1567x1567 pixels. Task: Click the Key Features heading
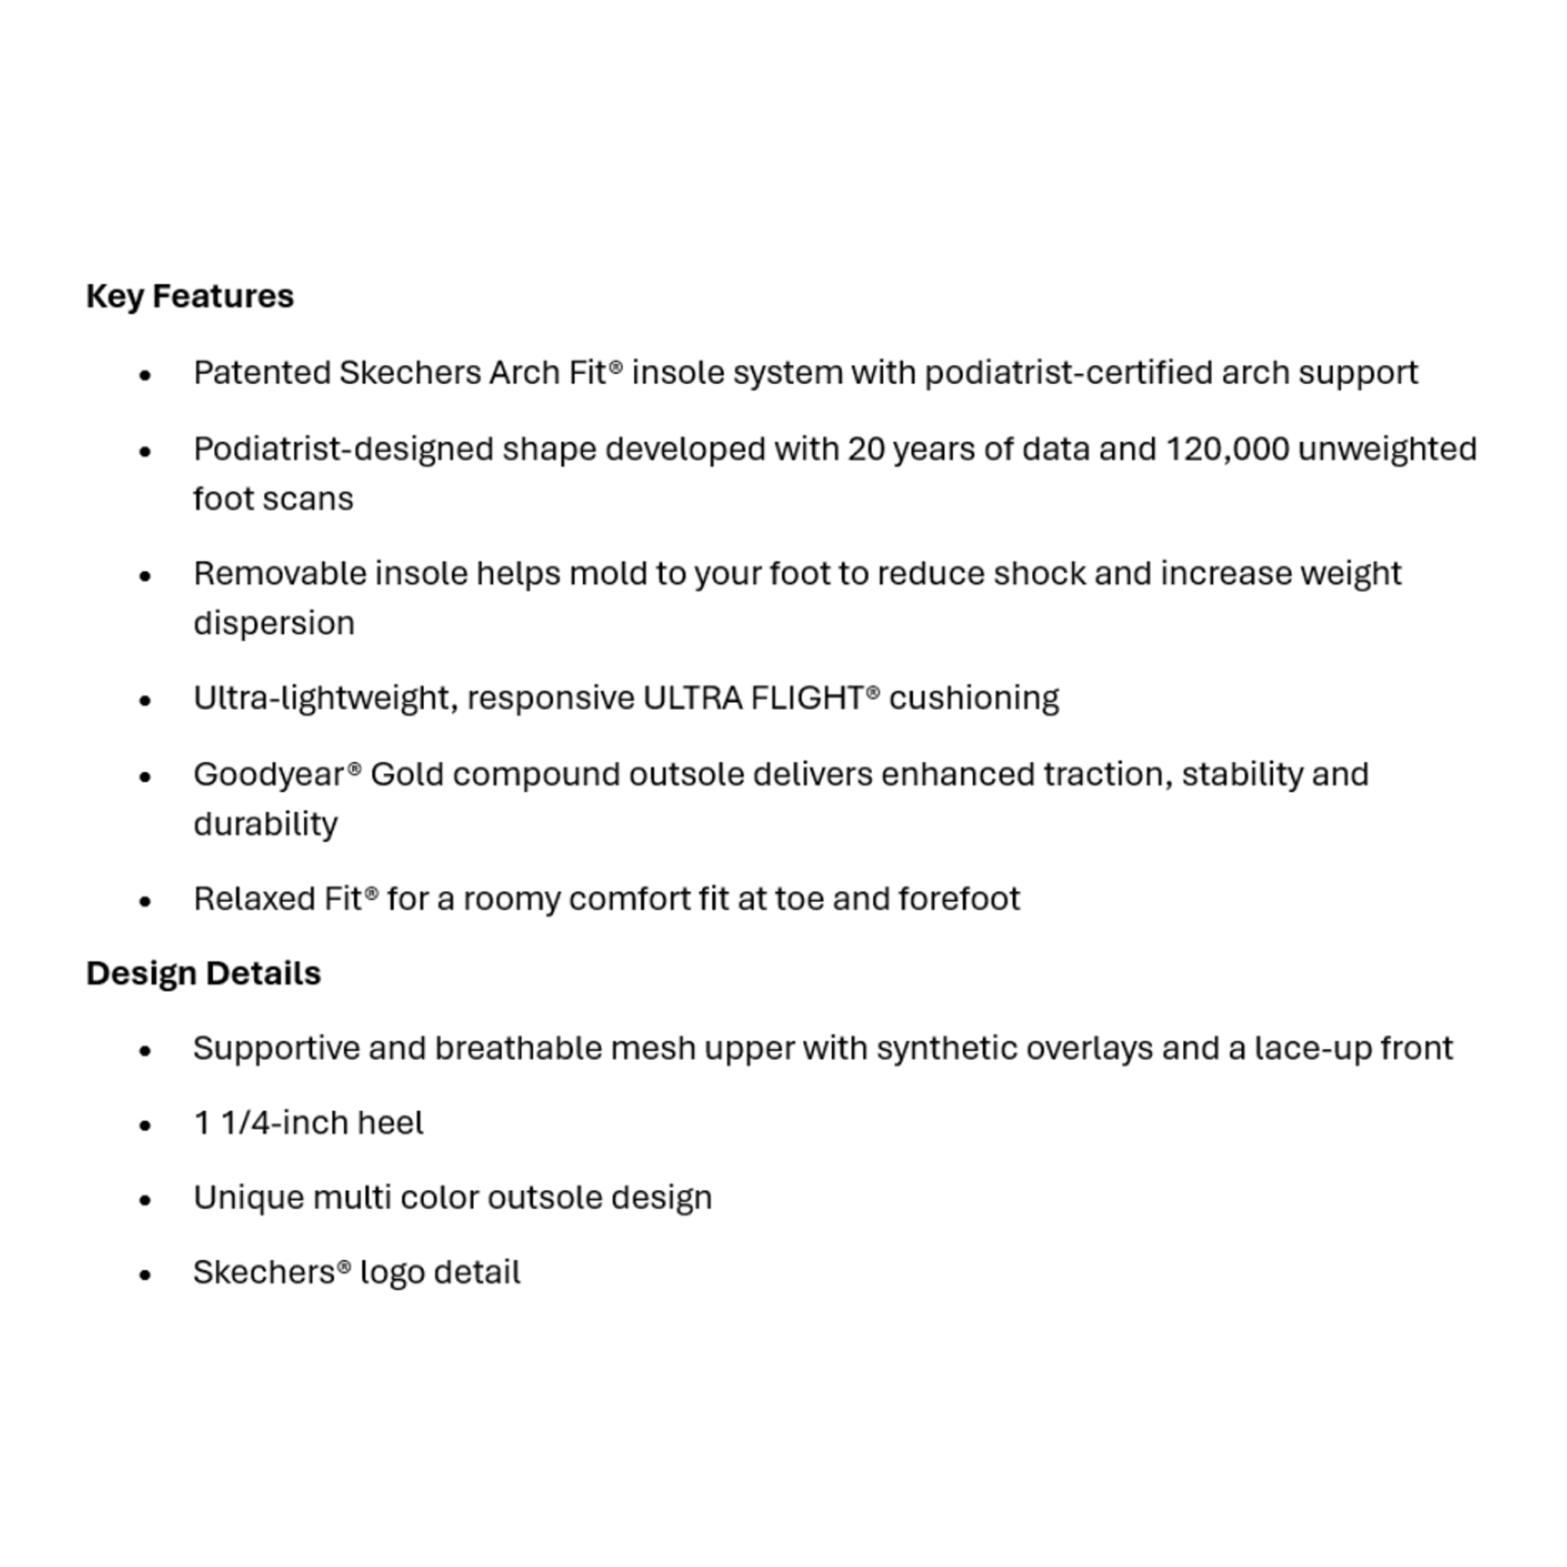pyautogui.click(x=190, y=296)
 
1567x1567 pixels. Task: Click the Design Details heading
pyautogui.click(x=204, y=973)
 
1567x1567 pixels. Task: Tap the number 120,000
pyautogui.click(x=1227, y=449)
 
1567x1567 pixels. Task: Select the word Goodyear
pyautogui.click(x=269, y=776)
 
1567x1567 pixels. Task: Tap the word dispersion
pyautogui.click(x=274, y=624)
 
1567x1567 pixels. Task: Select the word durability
pyautogui.click(x=266, y=824)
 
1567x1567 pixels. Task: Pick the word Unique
pyautogui.click(x=248, y=1198)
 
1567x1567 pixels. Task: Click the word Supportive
pyautogui.click(x=277, y=1049)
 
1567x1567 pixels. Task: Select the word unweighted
pyautogui.click(x=1387, y=449)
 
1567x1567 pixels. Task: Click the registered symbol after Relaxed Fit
pyautogui.click(x=371, y=893)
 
